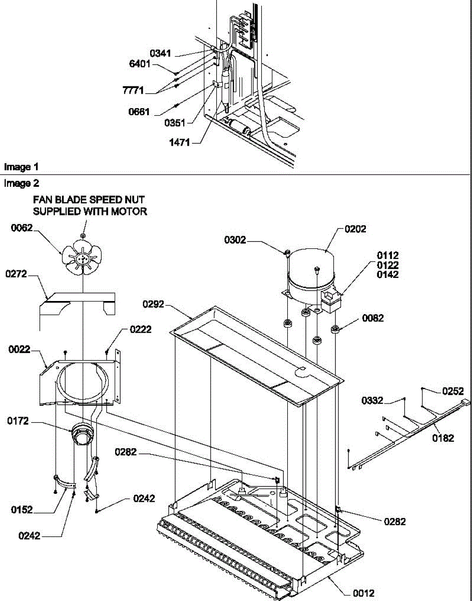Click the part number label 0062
22,228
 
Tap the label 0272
17,274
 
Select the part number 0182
443,438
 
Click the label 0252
453,391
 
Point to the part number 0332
372,400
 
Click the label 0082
371,318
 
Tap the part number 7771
133,91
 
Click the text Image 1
22,166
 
